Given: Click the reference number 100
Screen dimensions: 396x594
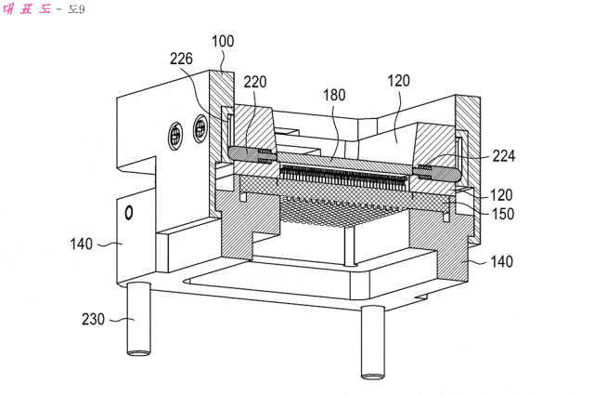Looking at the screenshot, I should (x=223, y=41).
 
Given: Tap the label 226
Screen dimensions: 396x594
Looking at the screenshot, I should (x=182, y=59).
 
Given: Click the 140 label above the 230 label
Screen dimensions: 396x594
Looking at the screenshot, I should (x=81, y=244).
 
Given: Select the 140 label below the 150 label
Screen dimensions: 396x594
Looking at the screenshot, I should (x=500, y=263).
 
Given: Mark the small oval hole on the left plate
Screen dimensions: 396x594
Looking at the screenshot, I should (x=129, y=213).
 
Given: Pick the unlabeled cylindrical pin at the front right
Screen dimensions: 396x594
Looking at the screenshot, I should (x=372, y=341).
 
